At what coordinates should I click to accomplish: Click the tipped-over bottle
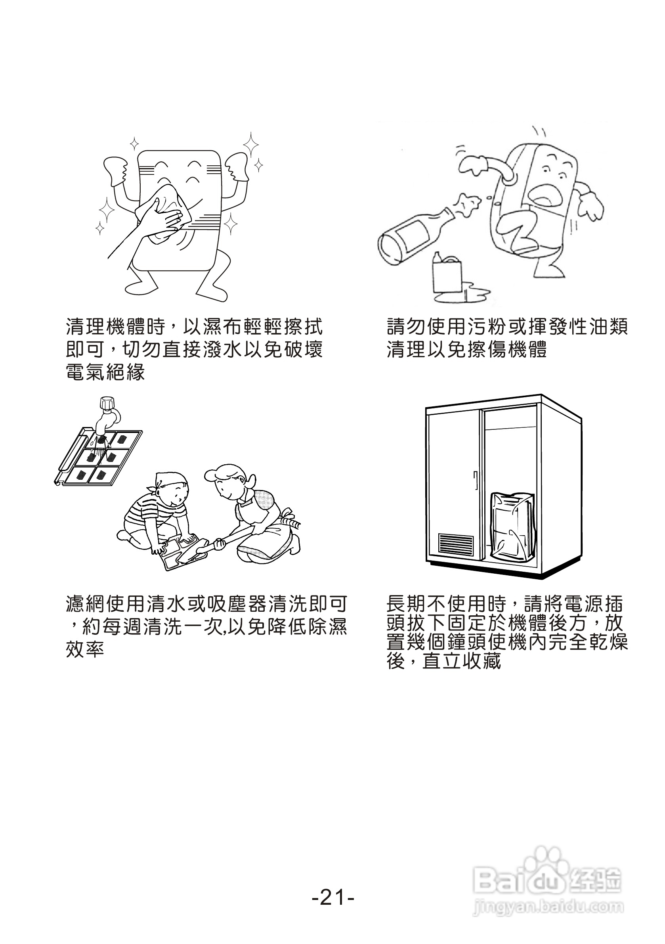(415, 234)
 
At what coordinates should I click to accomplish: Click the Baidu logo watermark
(547, 880)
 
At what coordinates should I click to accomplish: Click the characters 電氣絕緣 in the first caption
(106, 373)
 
